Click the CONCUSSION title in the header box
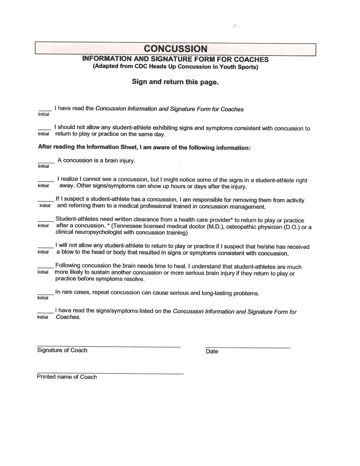pyautogui.click(x=175, y=49)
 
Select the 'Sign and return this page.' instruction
pyautogui.click(x=175, y=82)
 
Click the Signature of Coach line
pyautogui.click(x=108, y=346)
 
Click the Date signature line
pyautogui.click(x=247, y=347)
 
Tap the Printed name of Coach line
pyautogui.click(x=110, y=373)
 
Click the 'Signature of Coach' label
pyautogui.click(x=62, y=350)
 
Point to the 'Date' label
pyautogui.click(x=211, y=351)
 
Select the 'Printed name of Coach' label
pyautogui.click(x=67, y=377)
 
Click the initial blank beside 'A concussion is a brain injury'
pyautogui.click(x=45, y=161)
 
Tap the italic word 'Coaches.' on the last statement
pyautogui.click(x=68, y=317)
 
